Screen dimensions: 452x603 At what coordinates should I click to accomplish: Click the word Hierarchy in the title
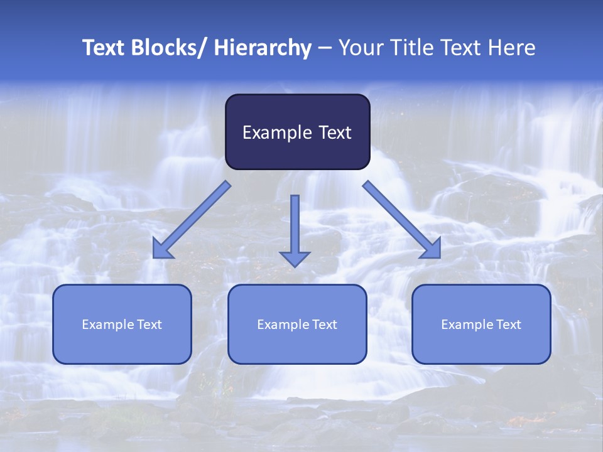click(263, 48)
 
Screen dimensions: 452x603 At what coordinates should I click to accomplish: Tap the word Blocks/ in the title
click(168, 48)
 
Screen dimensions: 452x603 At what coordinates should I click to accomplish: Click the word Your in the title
click(360, 48)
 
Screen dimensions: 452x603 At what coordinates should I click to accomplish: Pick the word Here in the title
click(513, 48)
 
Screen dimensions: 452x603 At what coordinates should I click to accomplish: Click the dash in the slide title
click(325, 48)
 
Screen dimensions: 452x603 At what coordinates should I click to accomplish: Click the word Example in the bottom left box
click(107, 325)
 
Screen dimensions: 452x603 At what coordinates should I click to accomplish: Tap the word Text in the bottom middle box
click(323, 325)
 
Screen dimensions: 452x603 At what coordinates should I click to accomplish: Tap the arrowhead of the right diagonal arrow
click(432, 249)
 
